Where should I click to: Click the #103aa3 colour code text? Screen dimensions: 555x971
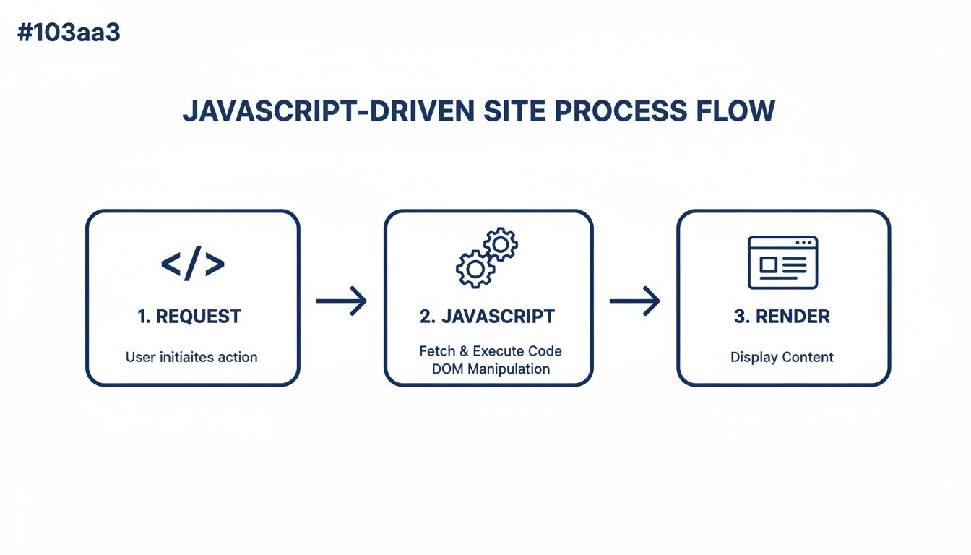click(69, 32)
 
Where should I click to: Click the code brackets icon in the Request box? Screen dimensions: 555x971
click(192, 265)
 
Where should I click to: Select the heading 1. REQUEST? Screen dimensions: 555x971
click(189, 317)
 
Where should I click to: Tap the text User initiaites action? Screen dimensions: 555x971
click(191, 357)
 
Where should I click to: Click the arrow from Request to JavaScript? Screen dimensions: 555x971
click(342, 301)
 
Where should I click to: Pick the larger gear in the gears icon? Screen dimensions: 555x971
click(475, 268)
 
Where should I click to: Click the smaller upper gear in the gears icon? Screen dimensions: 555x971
click(500, 244)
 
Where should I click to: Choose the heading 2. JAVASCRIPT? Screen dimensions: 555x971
click(487, 317)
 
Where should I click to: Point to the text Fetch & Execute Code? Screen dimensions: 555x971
click(491, 351)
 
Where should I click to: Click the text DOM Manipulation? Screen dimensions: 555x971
click(491, 369)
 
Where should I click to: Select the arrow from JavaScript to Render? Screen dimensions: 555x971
click(635, 301)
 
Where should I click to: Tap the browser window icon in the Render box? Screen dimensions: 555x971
click(782, 262)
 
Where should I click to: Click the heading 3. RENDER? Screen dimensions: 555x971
click(782, 317)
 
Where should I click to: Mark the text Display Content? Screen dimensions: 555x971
click(782, 357)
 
